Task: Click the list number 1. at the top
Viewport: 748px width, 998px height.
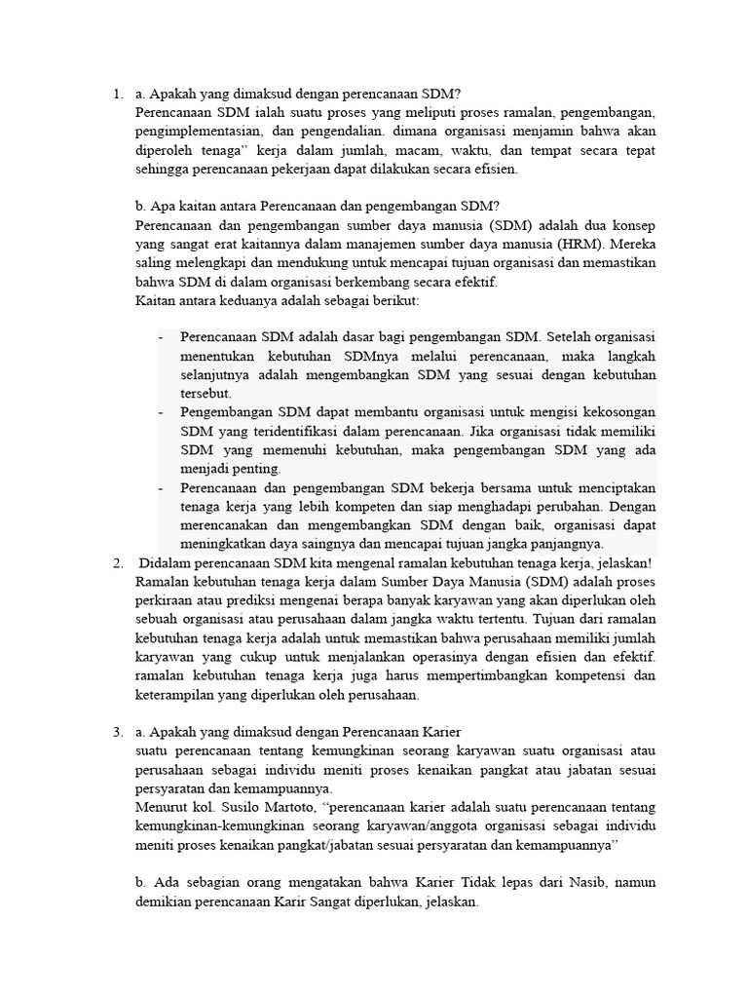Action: (x=117, y=95)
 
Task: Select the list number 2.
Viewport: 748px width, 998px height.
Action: (x=117, y=562)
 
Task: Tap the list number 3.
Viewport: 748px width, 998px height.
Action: (x=117, y=732)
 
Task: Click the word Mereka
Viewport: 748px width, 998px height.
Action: (x=626, y=244)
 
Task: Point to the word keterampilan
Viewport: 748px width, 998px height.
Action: (x=176, y=695)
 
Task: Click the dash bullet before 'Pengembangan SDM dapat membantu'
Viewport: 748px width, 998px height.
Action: (x=160, y=412)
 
